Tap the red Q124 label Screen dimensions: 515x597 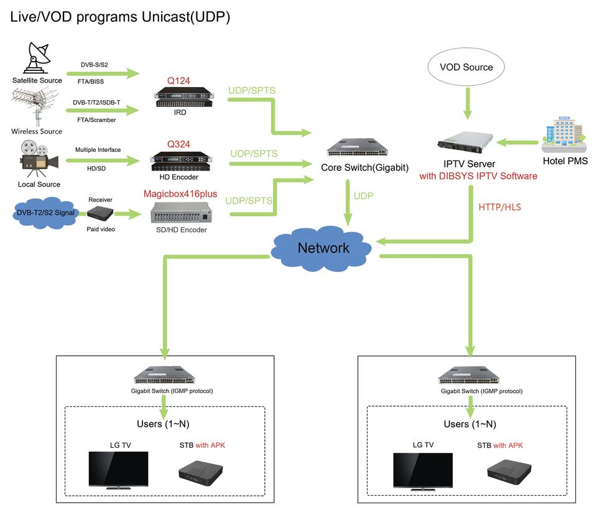178,80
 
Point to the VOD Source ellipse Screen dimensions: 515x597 466,67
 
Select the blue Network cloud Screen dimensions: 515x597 323,248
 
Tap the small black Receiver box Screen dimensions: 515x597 100,214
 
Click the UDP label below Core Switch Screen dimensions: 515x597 364,195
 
